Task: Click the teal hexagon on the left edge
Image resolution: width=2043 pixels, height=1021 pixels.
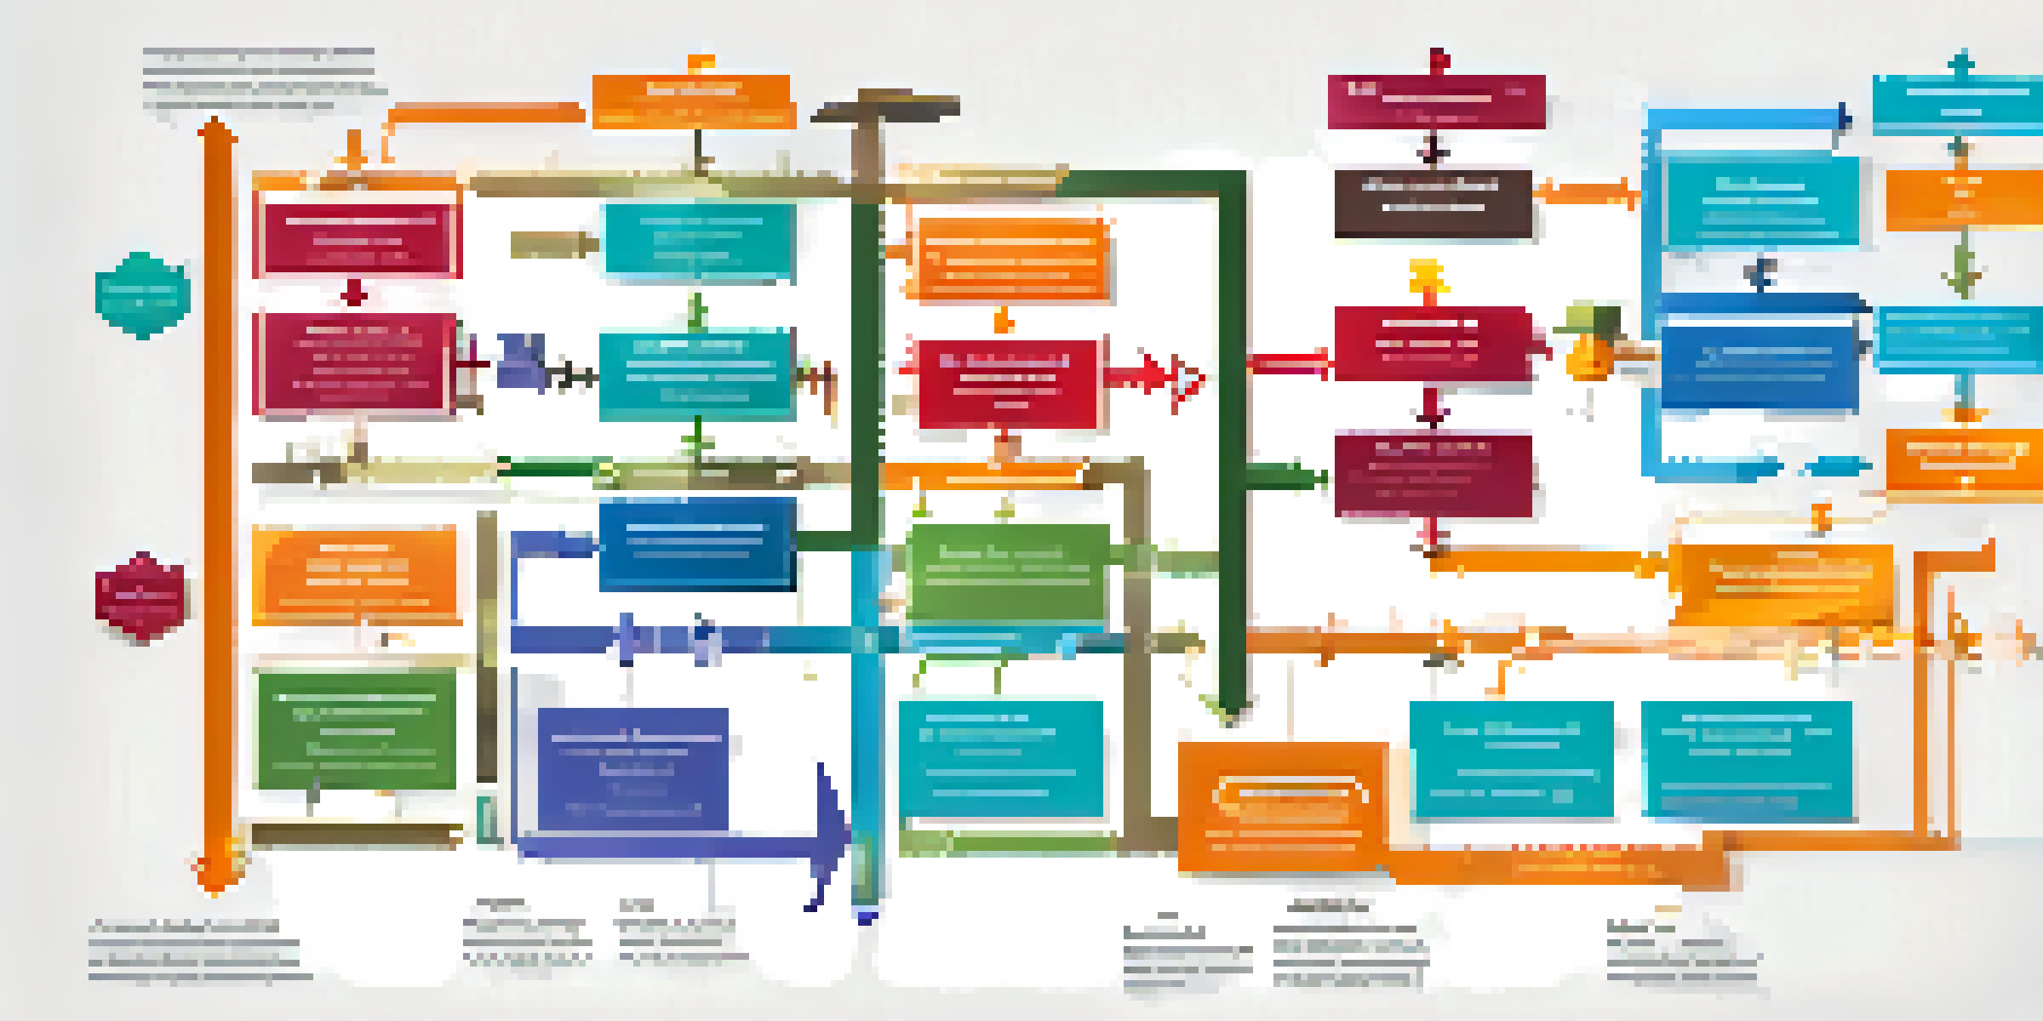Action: click(142, 294)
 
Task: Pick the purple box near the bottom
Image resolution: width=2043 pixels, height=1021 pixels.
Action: click(632, 768)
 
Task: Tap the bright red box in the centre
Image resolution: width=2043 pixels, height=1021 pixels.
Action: click(1007, 382)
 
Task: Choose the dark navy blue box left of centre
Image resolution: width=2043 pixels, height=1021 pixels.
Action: click(696, 545)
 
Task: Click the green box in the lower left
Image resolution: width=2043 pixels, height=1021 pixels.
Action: click(356, 729)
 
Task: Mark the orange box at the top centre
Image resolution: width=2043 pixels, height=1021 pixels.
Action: click(693, 101)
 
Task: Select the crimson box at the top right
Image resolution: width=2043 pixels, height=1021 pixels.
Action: click(1436, 101)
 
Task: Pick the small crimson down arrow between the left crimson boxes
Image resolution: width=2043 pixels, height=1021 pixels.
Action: click(354, 294)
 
